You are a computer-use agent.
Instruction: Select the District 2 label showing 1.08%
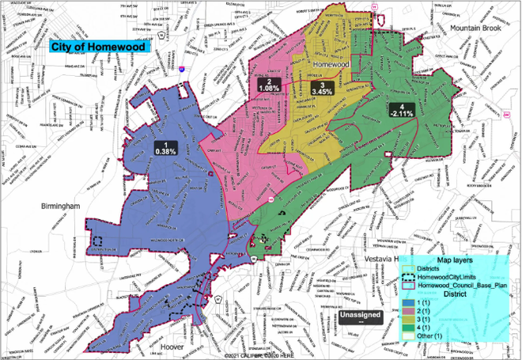click(269, 86)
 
